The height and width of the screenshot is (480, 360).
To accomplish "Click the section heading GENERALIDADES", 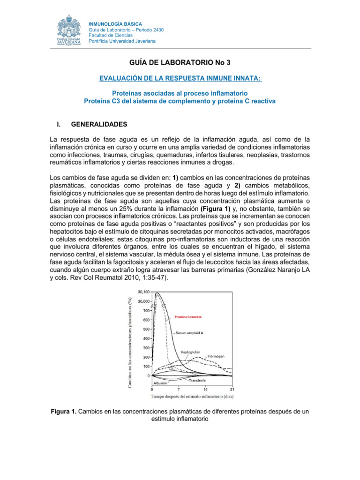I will (98, 125).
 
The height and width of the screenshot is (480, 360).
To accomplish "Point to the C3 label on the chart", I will (171, 369).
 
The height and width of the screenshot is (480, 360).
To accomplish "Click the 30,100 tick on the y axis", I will (142, 292).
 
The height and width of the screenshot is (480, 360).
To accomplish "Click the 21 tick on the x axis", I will (232, 389).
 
